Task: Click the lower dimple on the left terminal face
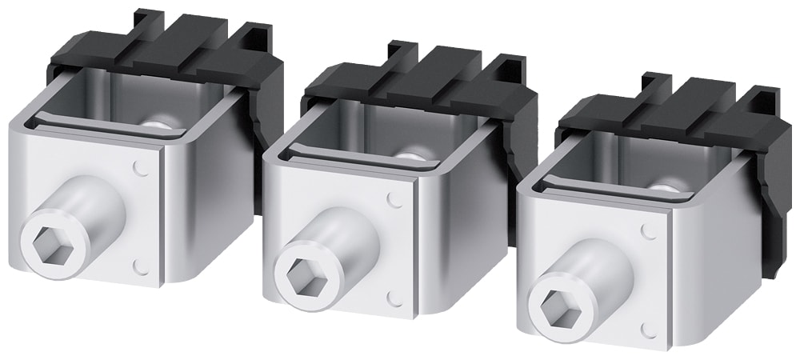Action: [x=142, y=265]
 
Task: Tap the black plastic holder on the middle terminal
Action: [x=424, y=80]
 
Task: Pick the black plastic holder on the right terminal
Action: [x=680, y=112]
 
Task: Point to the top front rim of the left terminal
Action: [x=88, y=132]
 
